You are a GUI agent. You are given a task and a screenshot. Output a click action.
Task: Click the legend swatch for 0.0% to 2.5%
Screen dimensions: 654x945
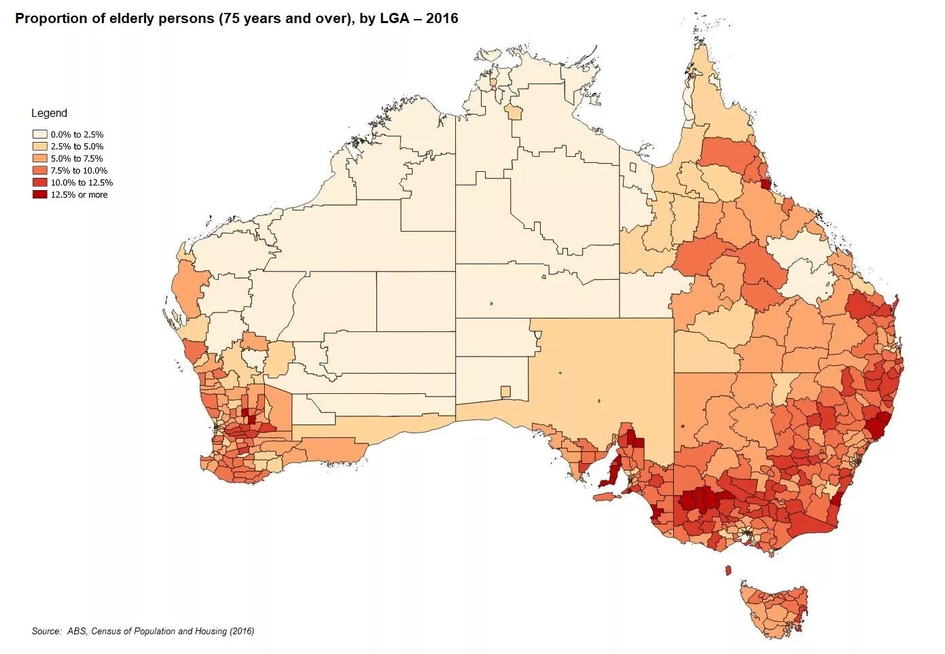39,134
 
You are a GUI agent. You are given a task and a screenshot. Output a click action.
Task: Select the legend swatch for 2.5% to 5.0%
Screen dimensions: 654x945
39,146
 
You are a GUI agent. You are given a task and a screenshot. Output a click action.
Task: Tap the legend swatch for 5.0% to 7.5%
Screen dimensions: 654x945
39,158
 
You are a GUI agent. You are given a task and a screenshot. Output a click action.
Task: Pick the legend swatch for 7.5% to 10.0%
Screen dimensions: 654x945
39,170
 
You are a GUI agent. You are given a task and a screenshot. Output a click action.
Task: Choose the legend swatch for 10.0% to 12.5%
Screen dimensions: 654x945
39,182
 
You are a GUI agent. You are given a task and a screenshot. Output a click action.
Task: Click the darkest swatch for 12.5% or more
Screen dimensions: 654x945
39,194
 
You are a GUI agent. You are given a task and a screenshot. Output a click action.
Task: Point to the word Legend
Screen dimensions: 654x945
49,113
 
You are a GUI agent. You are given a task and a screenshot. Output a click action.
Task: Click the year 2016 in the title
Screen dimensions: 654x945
443,18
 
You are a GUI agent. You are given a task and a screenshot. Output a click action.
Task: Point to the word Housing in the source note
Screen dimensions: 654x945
209,631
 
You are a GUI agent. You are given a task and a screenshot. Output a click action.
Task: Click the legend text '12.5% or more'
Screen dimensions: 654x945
79,194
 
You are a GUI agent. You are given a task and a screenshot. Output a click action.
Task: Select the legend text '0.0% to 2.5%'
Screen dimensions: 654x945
77,134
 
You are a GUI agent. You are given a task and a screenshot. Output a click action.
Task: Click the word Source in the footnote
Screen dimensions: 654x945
46,631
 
